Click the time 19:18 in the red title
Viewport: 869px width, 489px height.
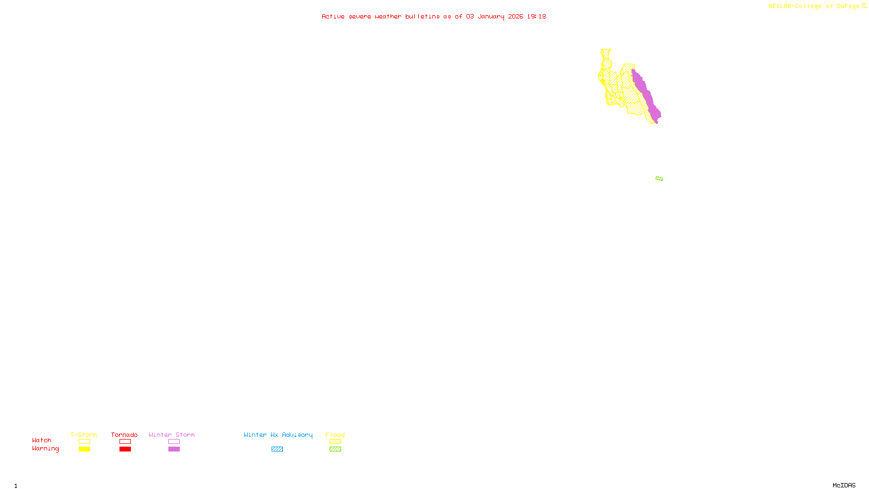coord(537,16)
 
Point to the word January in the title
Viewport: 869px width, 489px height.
coord(490,16)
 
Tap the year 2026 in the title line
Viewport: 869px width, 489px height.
coord(515,16)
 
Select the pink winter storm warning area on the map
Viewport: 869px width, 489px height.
coord(646,95)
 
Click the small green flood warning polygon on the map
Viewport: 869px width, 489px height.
coord(659,178)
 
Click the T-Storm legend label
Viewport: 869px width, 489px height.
coord(84,435)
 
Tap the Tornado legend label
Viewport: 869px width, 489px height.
coord(124,435)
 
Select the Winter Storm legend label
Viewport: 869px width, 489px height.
coord(172,435)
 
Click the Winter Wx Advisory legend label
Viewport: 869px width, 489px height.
coord(278,435)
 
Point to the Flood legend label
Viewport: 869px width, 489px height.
coord(335,435)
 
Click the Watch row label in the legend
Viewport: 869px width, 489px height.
coord(42,440)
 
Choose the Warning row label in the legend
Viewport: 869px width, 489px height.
coord(45,449)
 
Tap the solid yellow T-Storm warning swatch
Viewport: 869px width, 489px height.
coord(84,449)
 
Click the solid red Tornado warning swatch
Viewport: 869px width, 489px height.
coord(125,449)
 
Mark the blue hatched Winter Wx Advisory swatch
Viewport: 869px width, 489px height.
coord(277,449)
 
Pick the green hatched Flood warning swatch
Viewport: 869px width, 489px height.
coord(335,449)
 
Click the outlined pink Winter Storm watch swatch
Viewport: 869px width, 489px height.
coord(174,442)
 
